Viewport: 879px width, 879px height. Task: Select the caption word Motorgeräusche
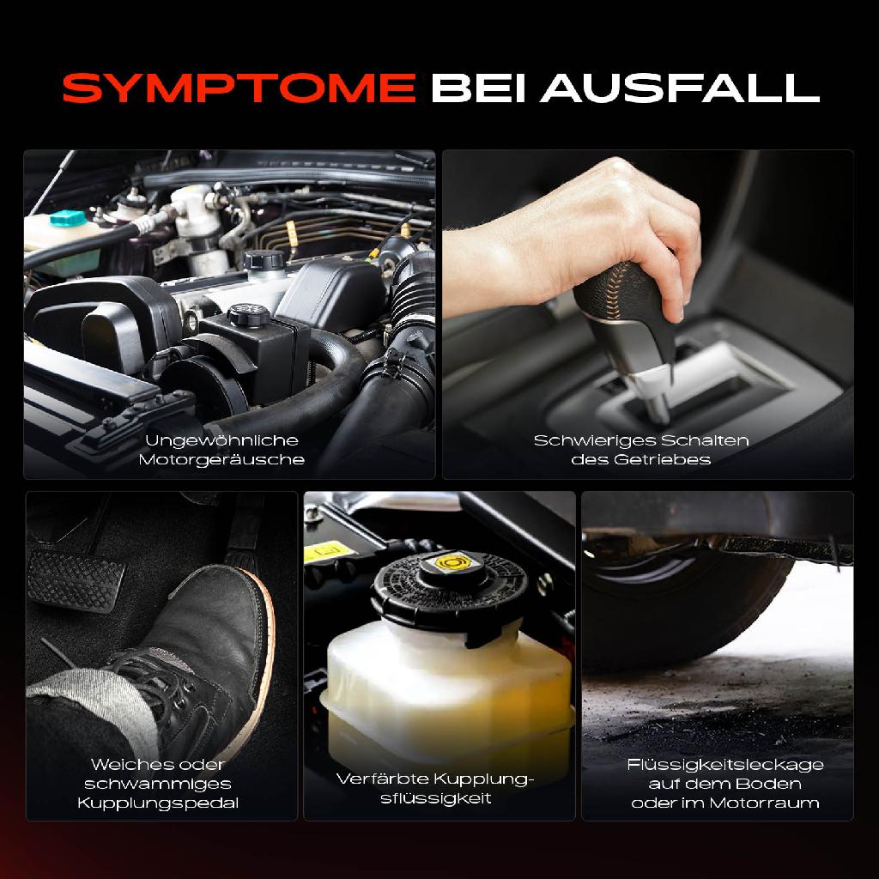pyautogui.click(x=221, y=459)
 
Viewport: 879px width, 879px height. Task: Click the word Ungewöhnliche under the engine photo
pyautogui.click(x=221, y=440)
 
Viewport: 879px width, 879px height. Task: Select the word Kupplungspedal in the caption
pyautogui.click(x=158, y=803)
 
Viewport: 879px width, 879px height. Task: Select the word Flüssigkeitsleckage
pyautogui.click(x=725, y=765)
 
